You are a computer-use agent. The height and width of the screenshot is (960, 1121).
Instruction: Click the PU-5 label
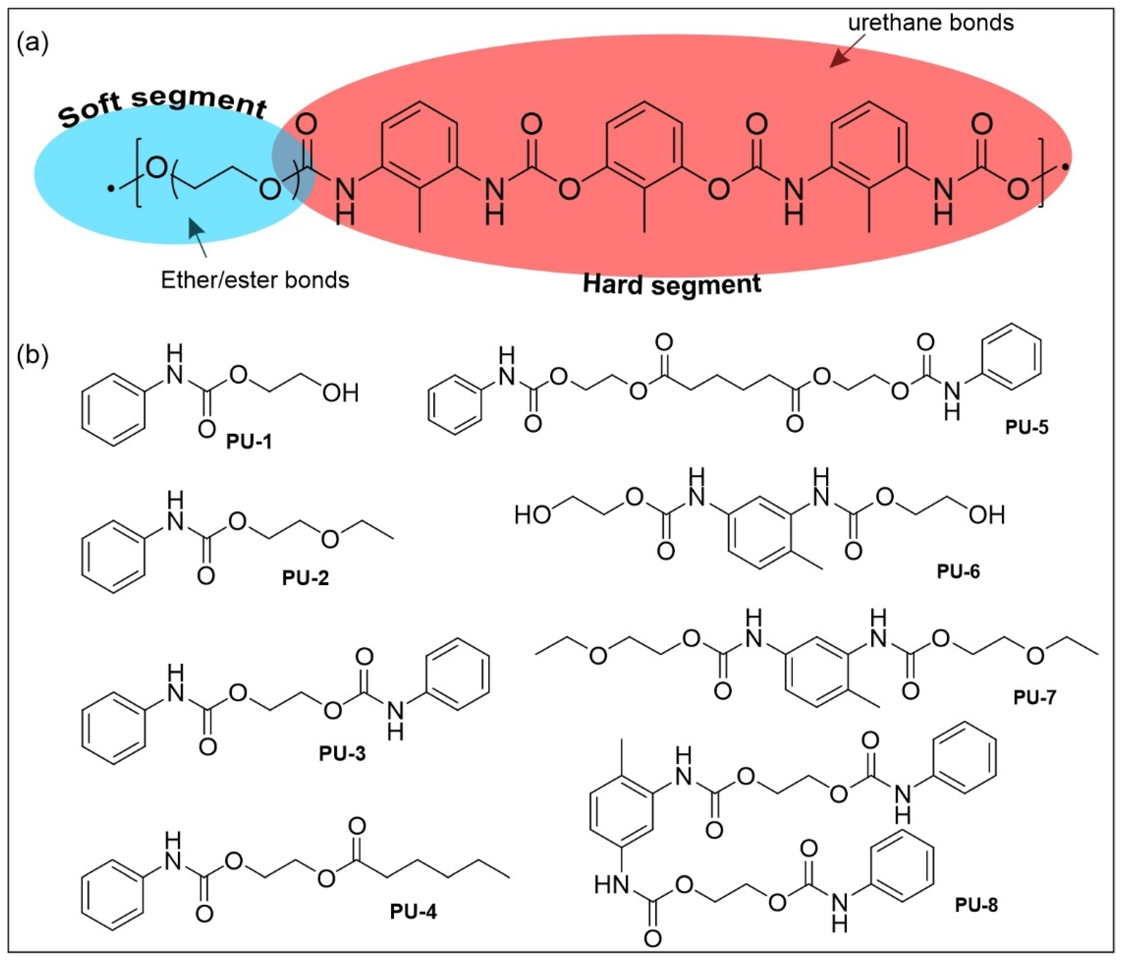pos(1027,427)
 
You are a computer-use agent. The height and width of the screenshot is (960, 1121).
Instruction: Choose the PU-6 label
pos(958,572)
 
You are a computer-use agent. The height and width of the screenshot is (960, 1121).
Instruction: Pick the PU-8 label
pos(976,905)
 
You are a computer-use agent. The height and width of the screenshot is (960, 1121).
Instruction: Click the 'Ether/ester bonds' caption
pos(255,280)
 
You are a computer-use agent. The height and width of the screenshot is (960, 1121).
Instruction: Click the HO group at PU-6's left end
pos(533,515)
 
